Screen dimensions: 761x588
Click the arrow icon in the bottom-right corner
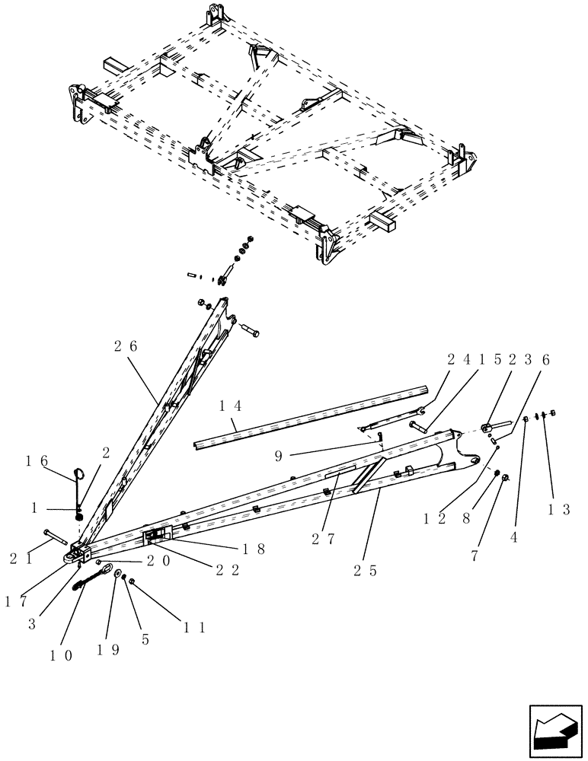(x=554, y=729)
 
